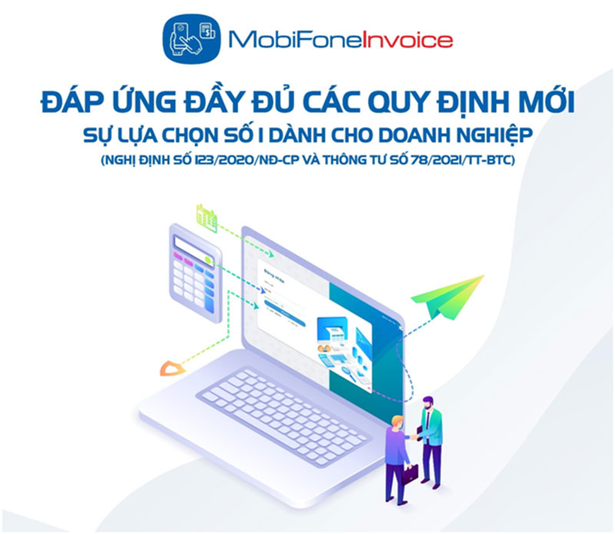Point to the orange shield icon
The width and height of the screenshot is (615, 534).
(170, 368)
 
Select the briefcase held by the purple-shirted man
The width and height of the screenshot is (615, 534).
(409, 474)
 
